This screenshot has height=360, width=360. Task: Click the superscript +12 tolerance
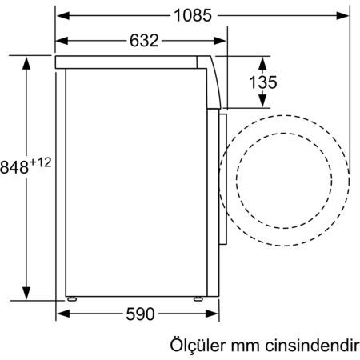[x=42, y=162]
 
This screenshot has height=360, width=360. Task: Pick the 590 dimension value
[x=139, y=314]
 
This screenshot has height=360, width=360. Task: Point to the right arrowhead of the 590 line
[x=210, y=314]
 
